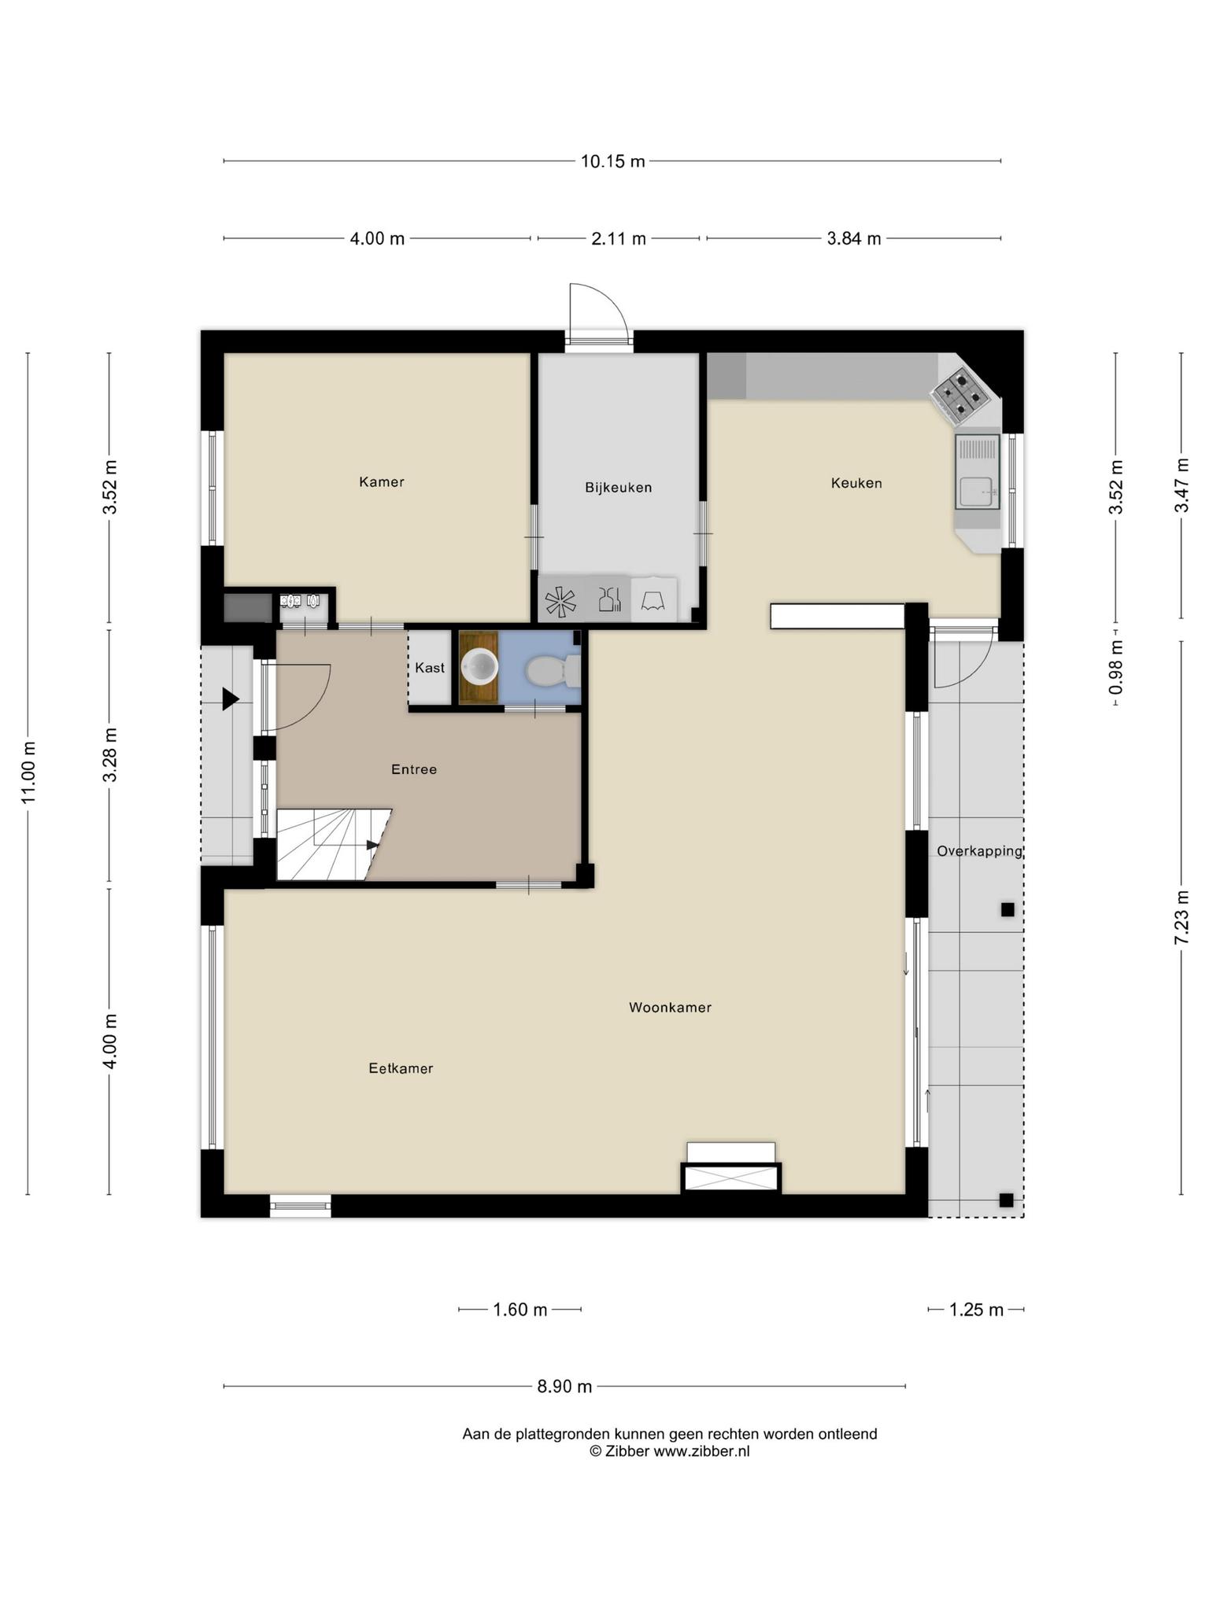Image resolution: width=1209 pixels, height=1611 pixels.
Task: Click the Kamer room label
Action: click(382, 481)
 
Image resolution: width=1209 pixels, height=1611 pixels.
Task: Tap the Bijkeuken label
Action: click(618, 488)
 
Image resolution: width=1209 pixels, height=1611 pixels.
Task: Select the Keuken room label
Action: click(856, 483)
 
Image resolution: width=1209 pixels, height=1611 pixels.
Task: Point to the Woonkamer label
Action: click(670, 1007)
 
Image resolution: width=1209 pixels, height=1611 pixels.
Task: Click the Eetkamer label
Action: click(401, 1068)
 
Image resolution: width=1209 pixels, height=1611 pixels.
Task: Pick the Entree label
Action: click(414, 769)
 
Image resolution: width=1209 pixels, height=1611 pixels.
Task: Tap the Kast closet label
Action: click(430, 668)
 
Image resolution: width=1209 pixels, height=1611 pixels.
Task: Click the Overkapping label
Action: click(979, 851)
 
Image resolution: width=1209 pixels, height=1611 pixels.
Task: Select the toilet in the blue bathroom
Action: click(553, 671)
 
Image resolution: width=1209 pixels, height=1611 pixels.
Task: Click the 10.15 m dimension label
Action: click(612, 161)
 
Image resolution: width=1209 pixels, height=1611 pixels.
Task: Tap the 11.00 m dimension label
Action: click(28, 772)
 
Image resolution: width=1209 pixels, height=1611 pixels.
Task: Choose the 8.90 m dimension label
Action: click(564, 1387)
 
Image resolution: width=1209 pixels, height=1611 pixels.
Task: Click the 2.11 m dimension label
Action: click(619, 238)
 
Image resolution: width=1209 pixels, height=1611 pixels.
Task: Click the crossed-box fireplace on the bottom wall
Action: click(731, 1178)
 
